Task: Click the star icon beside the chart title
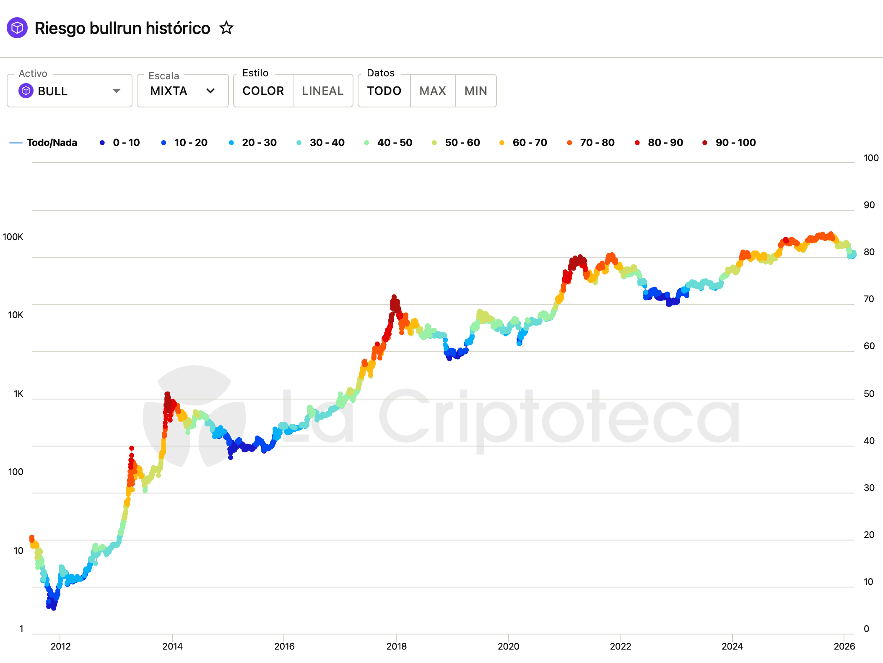coord(226,28)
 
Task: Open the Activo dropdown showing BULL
coord(70,91)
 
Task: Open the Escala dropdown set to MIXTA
coord(182,91)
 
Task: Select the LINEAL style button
coord(322,91)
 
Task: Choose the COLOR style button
coord(263,91)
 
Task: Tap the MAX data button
coord(433,91)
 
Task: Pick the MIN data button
coord(476,91)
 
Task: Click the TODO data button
coord(384,91)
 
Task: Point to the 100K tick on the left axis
coord(13,237)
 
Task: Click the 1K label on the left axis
coord(18,394)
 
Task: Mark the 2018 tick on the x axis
coord(396,646)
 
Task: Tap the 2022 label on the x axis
coord(620,646)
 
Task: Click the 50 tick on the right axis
coord(869,394)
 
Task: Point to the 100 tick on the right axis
coord(871,158)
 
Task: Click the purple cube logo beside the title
coord(17,28)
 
